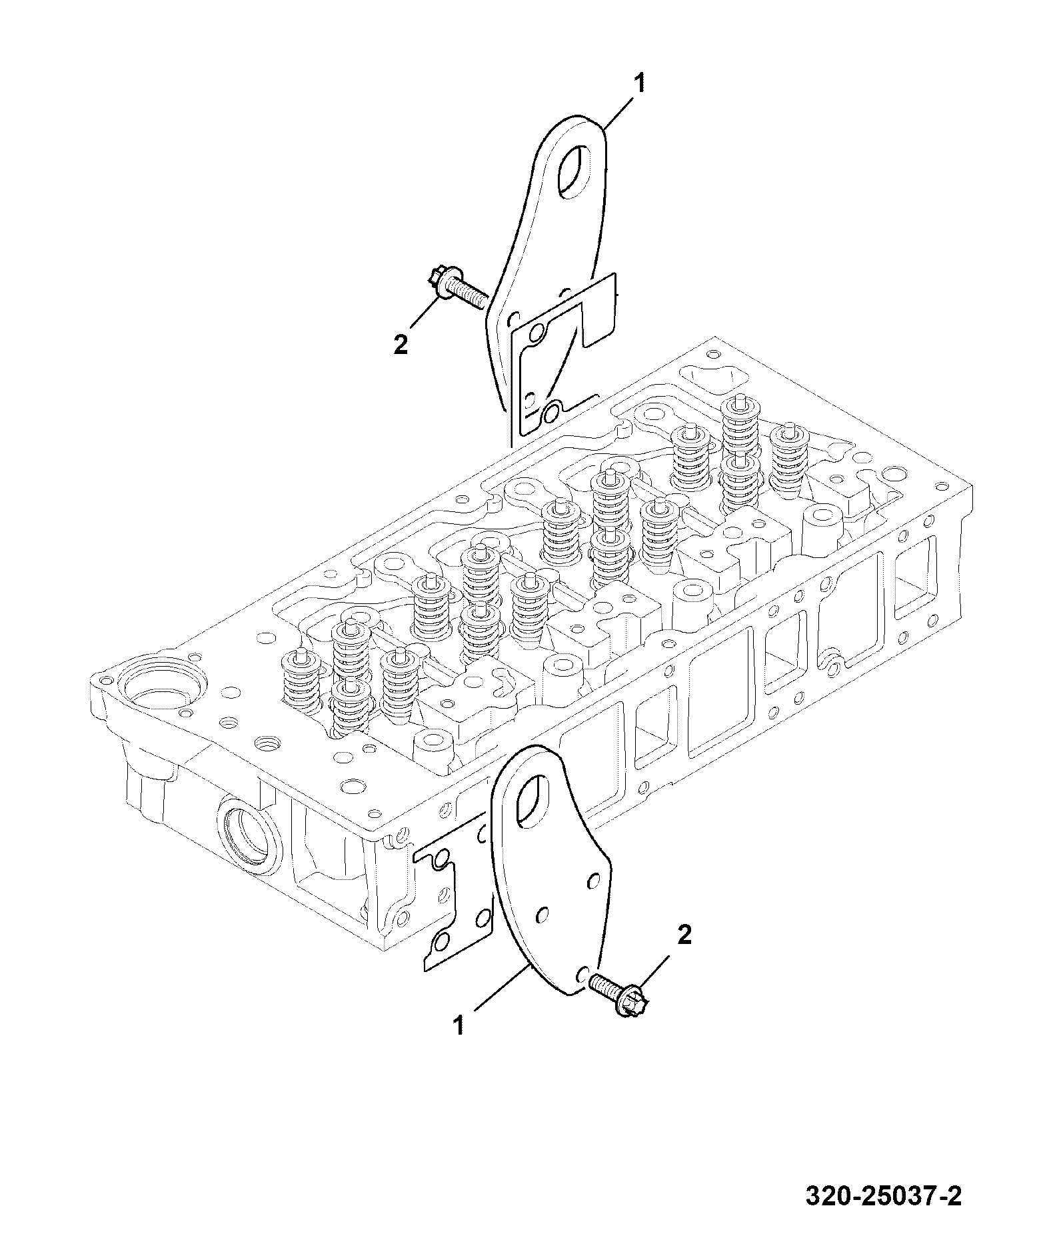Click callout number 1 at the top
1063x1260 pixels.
pos(638,85)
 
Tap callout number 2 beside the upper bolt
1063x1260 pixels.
pos(401,345)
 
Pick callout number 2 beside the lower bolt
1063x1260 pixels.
pos(684,935)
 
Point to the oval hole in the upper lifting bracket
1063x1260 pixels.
pos(571,173)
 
